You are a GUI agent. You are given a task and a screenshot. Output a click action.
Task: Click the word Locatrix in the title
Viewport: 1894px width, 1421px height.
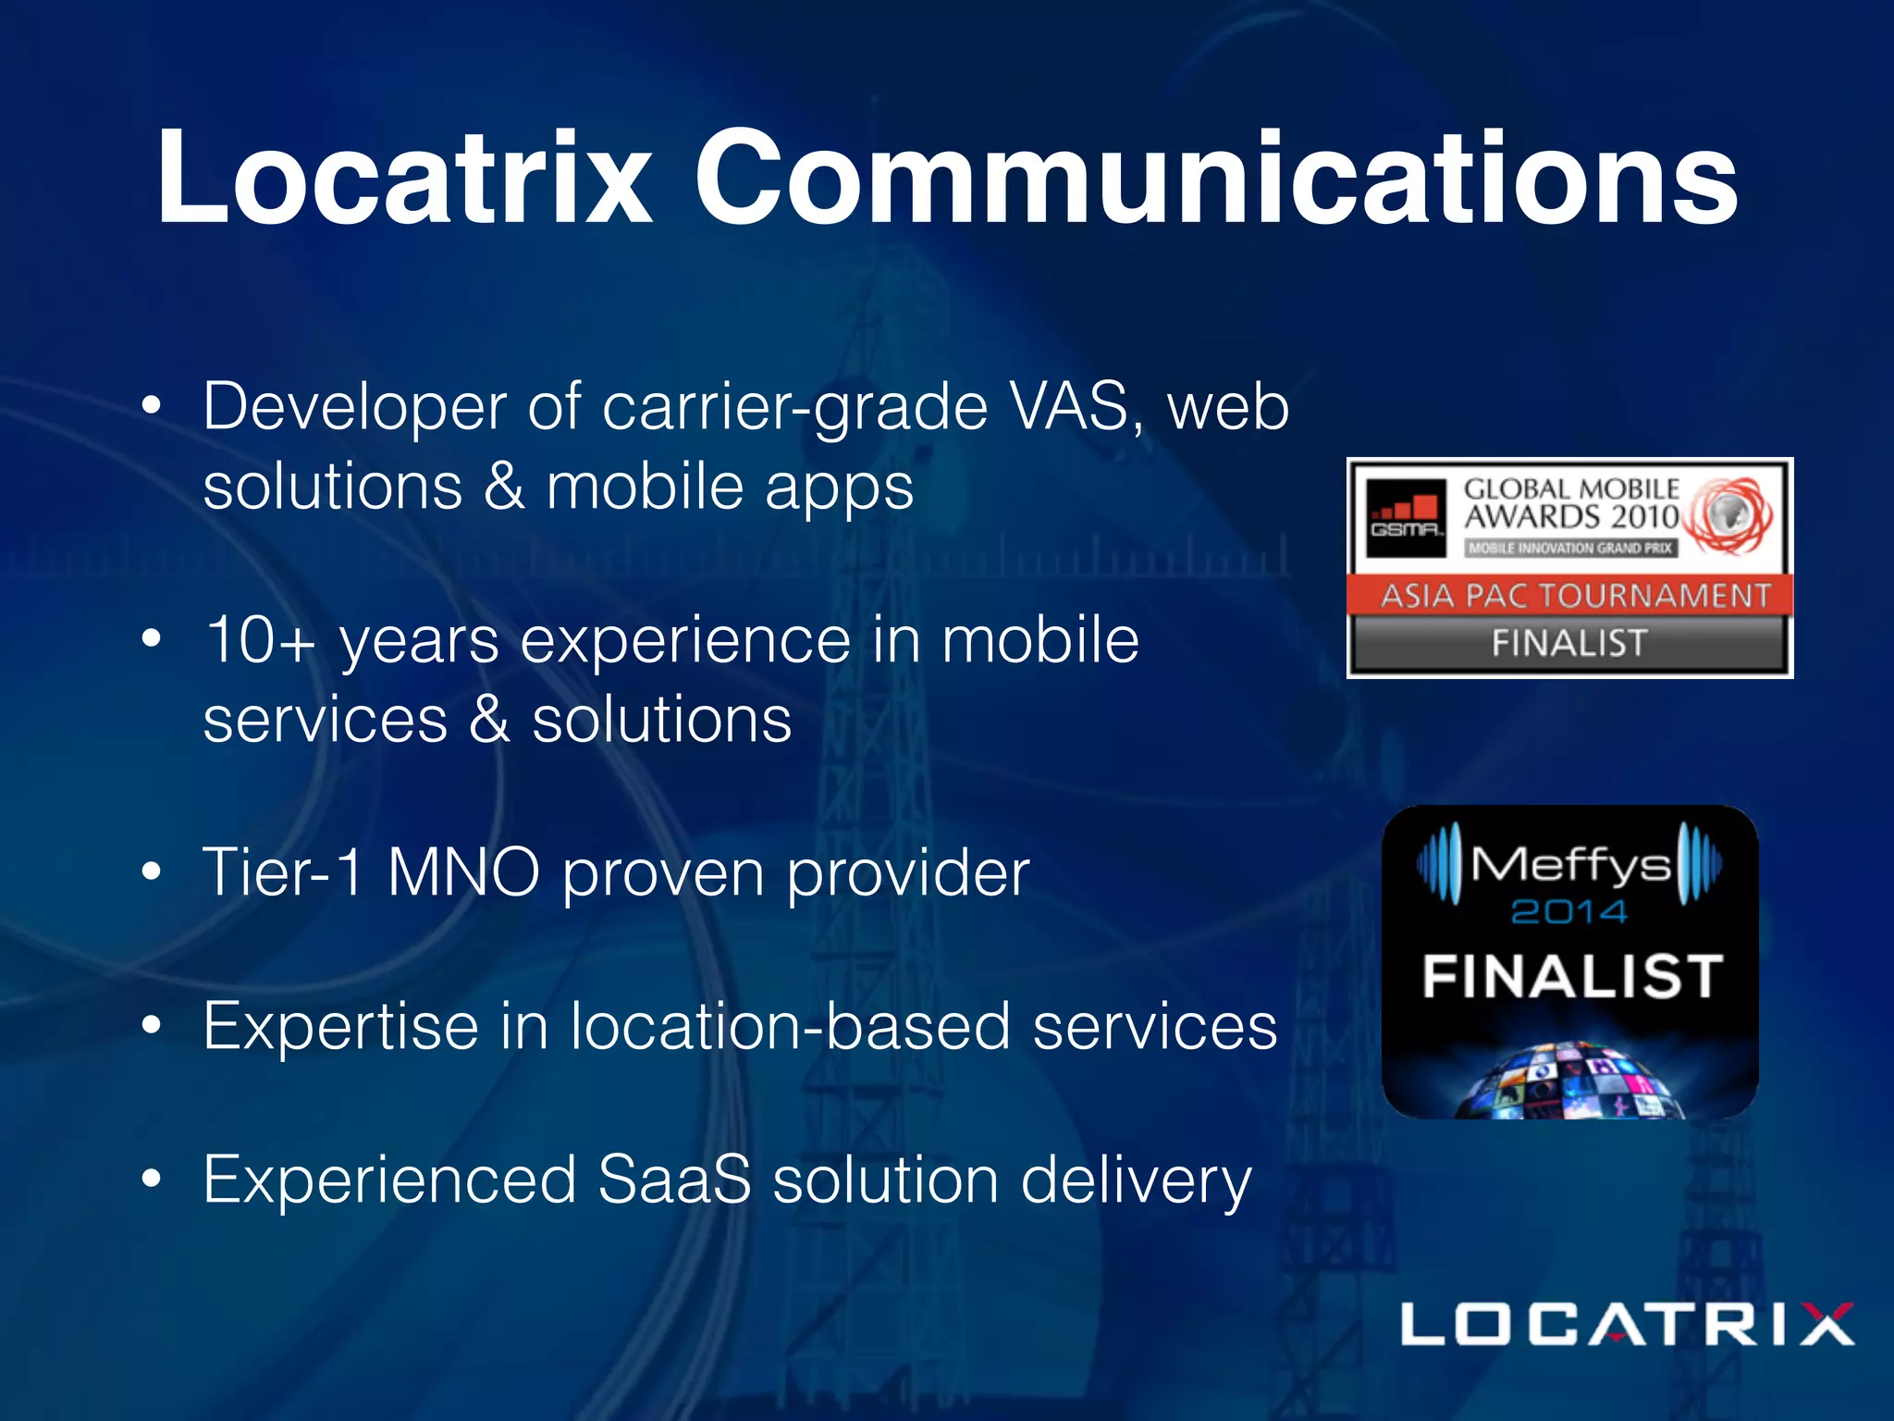point(405,178)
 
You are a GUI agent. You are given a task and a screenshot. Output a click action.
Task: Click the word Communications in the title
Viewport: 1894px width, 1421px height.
point(1215,178)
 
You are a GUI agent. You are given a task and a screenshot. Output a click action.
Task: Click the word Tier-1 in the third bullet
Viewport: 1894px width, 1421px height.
point(283,871)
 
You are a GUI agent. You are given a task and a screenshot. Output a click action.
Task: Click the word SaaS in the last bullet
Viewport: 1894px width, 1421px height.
point(674,1180)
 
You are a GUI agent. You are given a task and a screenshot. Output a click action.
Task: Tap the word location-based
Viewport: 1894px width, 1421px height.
point(791,1026)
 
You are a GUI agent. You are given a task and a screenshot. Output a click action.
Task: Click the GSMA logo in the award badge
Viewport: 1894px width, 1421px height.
point(1406,517)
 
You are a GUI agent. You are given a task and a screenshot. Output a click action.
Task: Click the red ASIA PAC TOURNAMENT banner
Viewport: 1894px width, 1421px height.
point(1570,595)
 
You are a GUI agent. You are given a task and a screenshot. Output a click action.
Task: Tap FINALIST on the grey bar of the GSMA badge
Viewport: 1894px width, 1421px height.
point(1570,643)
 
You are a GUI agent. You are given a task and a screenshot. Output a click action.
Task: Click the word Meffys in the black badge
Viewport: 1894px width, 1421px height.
point(1570,865)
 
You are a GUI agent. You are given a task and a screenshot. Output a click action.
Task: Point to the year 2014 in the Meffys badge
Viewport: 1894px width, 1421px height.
point(1569,912)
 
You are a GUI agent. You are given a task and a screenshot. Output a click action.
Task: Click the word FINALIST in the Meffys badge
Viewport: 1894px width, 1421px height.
point(1571,977)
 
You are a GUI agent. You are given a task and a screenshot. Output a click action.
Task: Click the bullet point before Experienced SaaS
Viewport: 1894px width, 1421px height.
point(152,1180)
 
